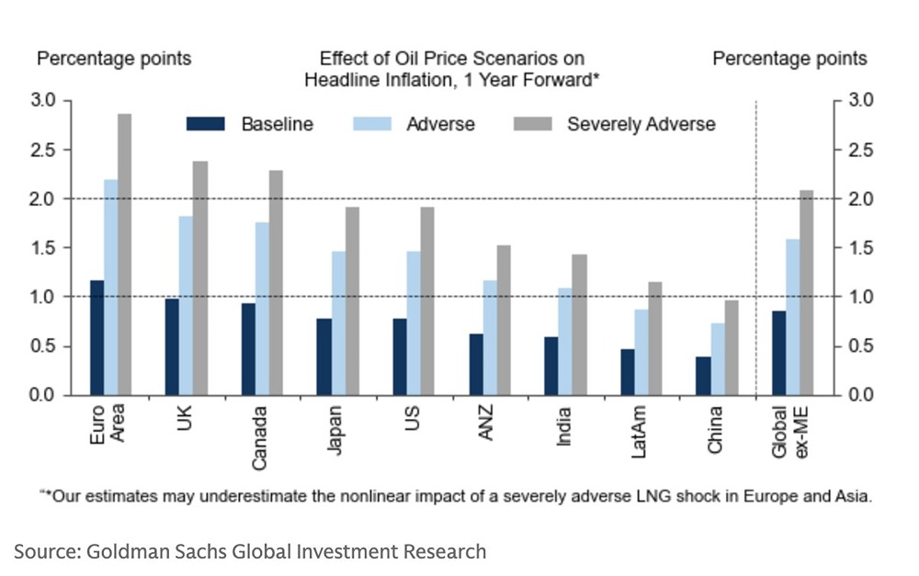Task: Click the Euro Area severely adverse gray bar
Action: click(x=124, y=254)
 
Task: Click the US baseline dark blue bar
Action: click(x=399, y=357)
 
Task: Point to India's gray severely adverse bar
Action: click(x=579, y=325)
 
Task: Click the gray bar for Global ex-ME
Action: click(x=806, y=293)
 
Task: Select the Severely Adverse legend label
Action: click(x=641, y=124)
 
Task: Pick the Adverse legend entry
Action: click(x=440, y=124)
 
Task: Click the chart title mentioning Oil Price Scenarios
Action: click(x=451, y=69)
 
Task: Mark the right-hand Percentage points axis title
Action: click(x=789, y=59)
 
